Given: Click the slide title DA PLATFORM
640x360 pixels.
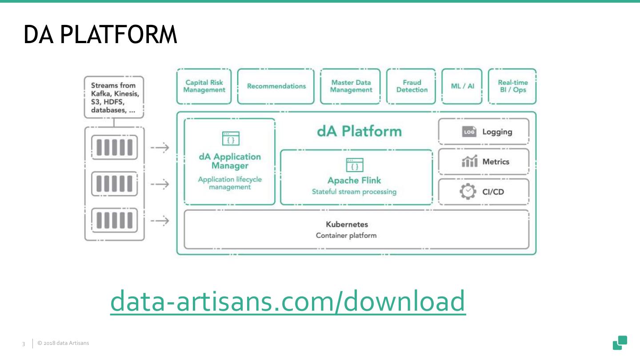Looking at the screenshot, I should pos(100,35).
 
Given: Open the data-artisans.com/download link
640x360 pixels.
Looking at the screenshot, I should pos(288,301).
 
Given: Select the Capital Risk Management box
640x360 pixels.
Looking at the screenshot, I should pos(204,86).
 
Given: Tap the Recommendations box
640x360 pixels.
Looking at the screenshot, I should pos(276,86).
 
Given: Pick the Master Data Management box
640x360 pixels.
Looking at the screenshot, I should pos(351,86).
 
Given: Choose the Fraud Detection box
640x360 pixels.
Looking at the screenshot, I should pos(412,86).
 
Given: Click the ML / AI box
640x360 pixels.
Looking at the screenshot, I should pos(462,86).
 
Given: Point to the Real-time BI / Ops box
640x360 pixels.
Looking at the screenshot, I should pos(512,86).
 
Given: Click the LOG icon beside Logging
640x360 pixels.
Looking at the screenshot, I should pos(469,132).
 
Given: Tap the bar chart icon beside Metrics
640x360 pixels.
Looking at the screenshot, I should pos(469,162).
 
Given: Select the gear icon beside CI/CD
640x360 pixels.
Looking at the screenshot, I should pos(468,192).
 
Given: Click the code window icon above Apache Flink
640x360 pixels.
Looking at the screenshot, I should pos(354,165).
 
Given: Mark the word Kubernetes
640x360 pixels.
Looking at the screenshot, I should pos(347,224).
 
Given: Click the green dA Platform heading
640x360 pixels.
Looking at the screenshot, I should pos(359,132).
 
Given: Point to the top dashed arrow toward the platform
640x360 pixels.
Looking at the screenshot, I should pos(160,148).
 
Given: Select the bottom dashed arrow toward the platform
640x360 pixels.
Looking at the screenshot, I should pos(160,220).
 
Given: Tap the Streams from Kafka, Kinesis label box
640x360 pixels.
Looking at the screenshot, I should pos(114,97).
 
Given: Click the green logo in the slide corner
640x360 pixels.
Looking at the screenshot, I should pos(620,343).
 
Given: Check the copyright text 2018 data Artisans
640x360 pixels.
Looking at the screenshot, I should pos(64,343).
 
